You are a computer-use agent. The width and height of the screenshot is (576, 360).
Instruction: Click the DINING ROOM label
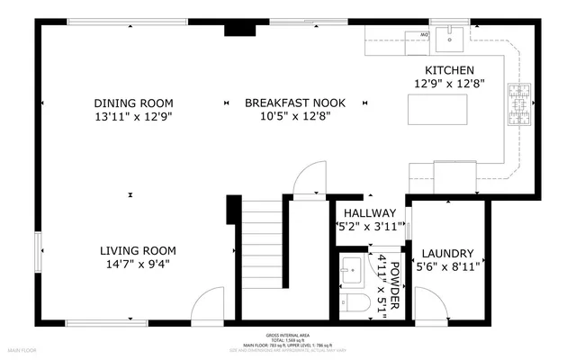pos(133,103)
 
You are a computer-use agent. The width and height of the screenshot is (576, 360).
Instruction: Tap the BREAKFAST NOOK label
pos(288,103)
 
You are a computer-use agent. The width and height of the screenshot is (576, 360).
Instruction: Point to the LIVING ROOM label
pos(138,250)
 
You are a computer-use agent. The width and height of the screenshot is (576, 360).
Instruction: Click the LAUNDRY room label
pos(447,254)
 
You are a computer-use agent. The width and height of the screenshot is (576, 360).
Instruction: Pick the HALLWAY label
pos(369,211)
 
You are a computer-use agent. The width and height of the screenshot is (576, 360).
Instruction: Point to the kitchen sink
pos(450,38)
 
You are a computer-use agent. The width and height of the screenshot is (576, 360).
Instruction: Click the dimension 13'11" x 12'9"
pos(133,117)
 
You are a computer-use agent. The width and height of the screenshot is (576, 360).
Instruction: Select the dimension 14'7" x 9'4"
pos(138,265)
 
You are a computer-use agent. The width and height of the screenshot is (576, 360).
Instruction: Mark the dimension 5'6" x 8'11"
pos(447,267)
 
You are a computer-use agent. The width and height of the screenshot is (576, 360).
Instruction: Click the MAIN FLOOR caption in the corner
pos(21,348)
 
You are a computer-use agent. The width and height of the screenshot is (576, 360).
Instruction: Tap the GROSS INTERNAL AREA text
pos(287,332)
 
